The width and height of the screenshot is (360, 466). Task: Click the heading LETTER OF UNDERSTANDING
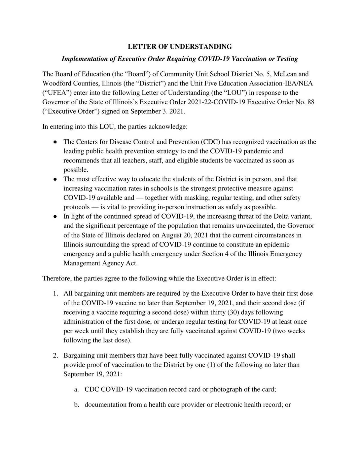pos(180,46)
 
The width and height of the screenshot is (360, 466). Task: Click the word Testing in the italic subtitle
pos(287,59)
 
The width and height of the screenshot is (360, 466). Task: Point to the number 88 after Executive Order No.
pos(311,102)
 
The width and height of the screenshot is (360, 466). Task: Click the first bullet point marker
pos(55,142)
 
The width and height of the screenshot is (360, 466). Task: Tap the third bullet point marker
pos(55,217)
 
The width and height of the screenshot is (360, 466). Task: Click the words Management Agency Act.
pos(100,263)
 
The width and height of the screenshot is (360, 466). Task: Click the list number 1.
pos(55,293)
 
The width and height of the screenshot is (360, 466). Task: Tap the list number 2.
pos(55,356)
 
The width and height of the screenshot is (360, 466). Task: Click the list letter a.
pos(76,390)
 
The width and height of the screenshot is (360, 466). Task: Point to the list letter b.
pos(76,405)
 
